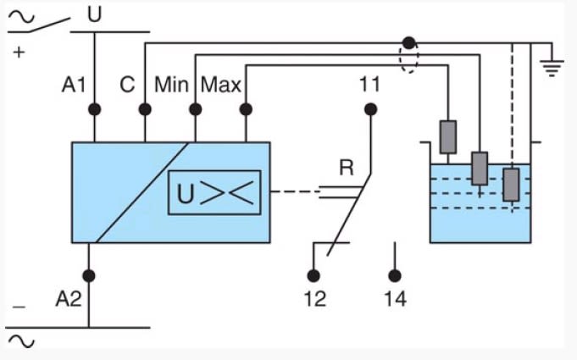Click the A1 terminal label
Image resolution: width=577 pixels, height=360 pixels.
click(x=75, y=85)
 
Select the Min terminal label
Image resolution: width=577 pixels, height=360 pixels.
click(x=172, y=85)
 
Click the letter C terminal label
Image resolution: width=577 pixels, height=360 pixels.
click(x=127, y=85)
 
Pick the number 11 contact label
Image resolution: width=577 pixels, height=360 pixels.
click(x=369, y=84)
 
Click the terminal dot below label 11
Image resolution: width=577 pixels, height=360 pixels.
click(x=369, y=109)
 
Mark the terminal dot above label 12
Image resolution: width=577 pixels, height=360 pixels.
click(x=314, y=275)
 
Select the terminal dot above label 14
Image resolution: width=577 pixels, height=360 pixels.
click(x=394, y=275)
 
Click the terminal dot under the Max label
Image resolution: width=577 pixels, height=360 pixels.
click(x=246, y=109)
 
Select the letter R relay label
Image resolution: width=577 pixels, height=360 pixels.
click(x=346, y=168)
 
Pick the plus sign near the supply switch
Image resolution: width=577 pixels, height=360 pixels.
click(x=19, y=53)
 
